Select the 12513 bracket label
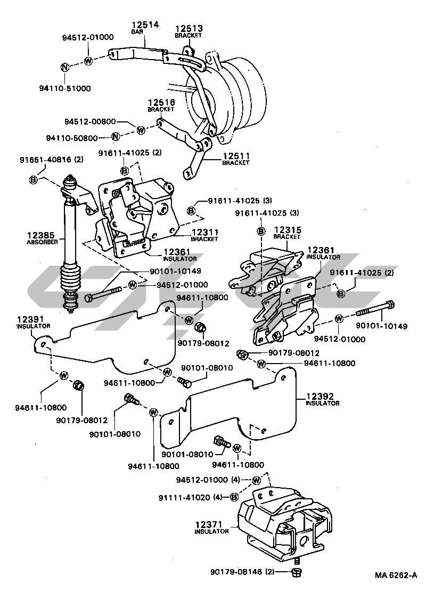(189, 28)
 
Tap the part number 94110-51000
(69, 88)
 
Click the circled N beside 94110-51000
(64, 67)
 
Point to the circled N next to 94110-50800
(115, 138)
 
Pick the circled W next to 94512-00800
(141, 129)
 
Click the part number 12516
(161, 102)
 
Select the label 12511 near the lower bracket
(236, 156)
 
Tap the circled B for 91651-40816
(33, 180)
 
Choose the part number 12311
(204, 233)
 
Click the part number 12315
(288, 229)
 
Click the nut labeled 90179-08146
(298, 572)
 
